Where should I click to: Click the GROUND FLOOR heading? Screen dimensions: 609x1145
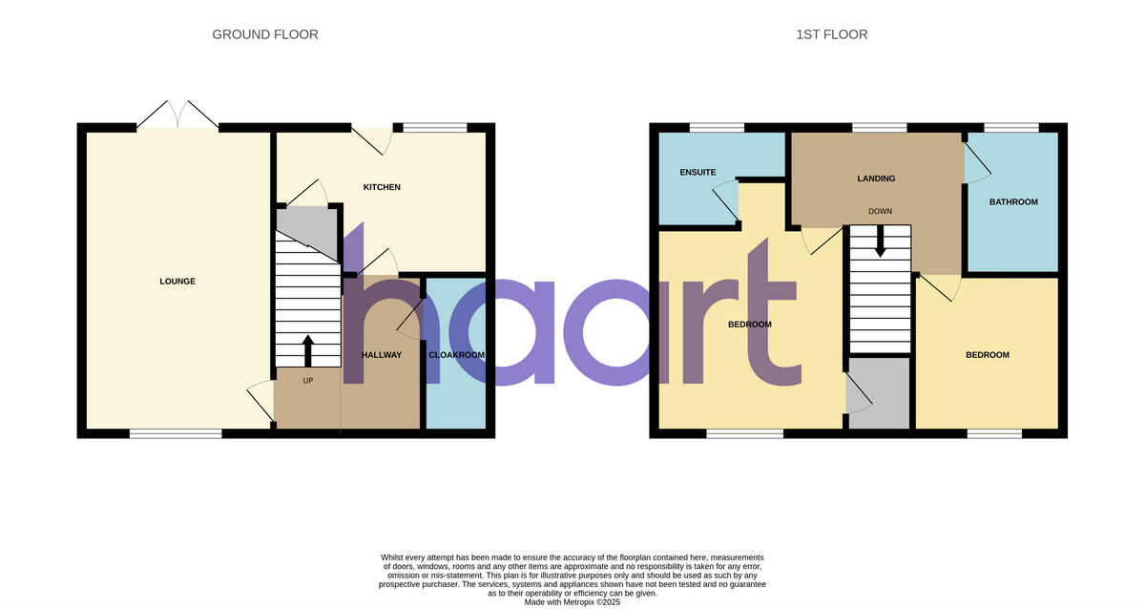click(264, 34)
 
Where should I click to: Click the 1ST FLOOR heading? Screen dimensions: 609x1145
click(831, 34)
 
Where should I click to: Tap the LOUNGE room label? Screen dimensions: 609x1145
click(177, 282)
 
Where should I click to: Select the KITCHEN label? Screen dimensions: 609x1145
click(382, 187)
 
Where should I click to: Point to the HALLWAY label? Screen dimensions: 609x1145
click(382, 355)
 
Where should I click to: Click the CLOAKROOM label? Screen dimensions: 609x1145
click(456, 355)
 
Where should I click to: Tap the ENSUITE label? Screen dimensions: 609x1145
click(697, 173)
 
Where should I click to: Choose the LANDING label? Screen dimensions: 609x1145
click(876, 178)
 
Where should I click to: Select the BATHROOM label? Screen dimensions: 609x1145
click(1013, 202)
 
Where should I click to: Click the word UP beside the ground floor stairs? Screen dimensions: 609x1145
click(308, 381)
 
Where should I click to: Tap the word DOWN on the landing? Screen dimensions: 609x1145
click(880, 211)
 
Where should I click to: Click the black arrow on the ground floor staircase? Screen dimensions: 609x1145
click(307, 349)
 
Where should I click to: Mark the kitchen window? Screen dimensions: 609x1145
click(435, 127)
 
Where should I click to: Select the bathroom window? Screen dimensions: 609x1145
click(1011, 127)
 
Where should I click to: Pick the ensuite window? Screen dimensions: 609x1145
click(717, 127)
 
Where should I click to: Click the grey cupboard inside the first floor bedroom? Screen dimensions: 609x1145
click(879, 392)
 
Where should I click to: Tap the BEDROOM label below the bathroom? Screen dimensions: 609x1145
click(987, 355)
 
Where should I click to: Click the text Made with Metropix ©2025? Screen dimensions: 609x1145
click(572, 602)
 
